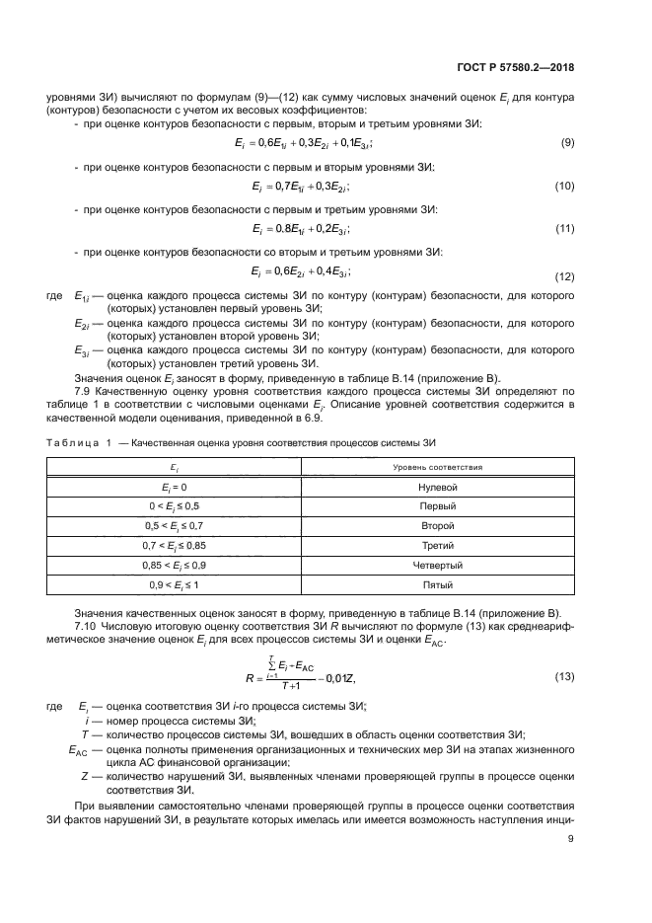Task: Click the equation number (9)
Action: click(567, 143)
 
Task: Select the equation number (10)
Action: click(564, 187)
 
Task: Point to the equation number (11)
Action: click(564, 229)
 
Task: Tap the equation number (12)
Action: click(564, 275)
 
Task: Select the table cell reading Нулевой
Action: click(437, 487)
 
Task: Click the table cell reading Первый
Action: click(437, 506)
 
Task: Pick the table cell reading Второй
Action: click(437, 526)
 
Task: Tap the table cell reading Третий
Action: click(437, 546)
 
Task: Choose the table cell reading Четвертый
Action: click(437, 566)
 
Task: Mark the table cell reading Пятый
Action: click(437, 585)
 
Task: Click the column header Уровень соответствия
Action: click(437, 466)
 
